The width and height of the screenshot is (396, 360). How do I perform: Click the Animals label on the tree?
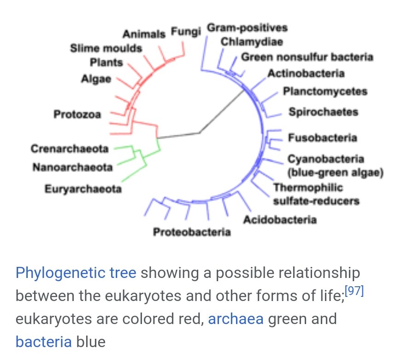[144, 34]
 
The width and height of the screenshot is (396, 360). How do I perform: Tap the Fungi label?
[186, 32]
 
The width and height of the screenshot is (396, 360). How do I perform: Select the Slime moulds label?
[106, 48]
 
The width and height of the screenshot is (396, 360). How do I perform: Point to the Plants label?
[106, 62]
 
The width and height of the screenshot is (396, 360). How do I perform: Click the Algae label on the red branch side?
[96, 79]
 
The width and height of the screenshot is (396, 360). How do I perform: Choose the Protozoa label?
[77, 114]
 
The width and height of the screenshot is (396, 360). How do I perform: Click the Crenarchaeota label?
[70, 149]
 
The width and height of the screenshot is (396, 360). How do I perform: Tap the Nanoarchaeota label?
[72, 167]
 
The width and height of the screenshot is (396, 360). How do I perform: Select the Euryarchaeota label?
[83, 189]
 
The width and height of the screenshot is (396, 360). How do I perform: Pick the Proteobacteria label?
[192, 231]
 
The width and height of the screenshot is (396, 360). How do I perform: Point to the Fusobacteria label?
[323, 137]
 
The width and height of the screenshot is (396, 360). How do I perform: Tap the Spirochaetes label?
[323, 112]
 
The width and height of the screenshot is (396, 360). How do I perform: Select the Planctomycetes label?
[325, 91]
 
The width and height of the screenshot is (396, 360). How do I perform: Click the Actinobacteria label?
[306, 73]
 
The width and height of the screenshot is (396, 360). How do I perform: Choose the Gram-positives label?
[247, 28]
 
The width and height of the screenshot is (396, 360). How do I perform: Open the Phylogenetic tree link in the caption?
[76, 273]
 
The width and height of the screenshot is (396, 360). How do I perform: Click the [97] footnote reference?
[355, 292]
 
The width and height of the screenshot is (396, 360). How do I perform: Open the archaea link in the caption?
[236, 319]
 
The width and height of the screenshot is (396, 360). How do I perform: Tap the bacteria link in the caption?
[44, 342]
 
